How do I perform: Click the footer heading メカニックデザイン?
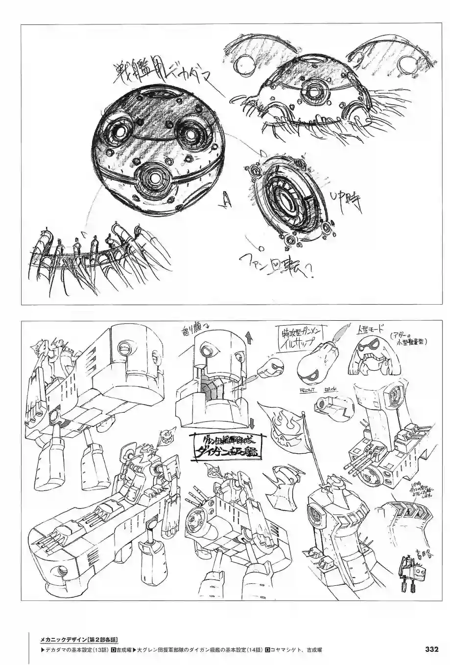[x=64, y=639]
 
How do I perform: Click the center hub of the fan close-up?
[x=291, y=201]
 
